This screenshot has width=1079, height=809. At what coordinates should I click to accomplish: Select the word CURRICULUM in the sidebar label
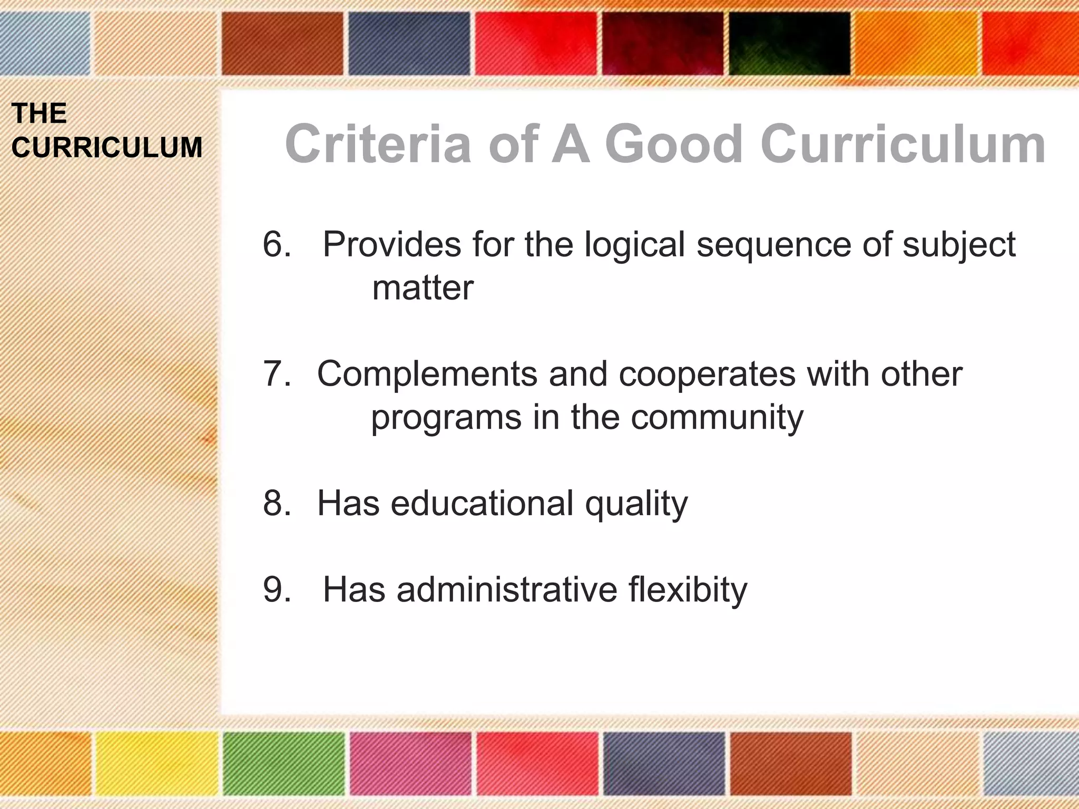(x=107, y=147)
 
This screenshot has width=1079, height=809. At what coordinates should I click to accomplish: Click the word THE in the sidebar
(x=40, y=113)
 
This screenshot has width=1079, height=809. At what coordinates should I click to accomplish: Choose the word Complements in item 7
(x=427, y=374)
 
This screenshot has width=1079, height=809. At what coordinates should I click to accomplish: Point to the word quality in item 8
(x=636, y=504)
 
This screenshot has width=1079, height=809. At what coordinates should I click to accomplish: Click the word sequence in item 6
(x=773, y=245)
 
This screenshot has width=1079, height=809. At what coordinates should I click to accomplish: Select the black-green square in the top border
(x=789, y=43)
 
